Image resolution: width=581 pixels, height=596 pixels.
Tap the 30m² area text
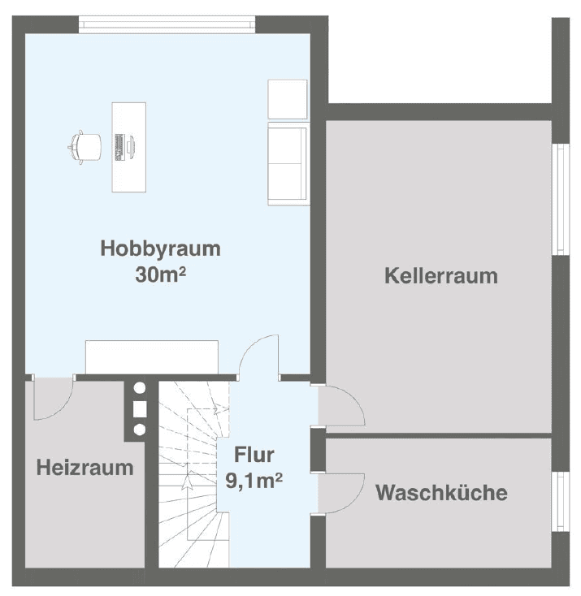[x=161, y=274]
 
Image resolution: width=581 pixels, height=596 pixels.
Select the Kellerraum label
[x=440, y=275]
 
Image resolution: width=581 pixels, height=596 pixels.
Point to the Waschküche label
[x=441, y=492]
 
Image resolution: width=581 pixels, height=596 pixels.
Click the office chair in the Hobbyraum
[x=85, y=146]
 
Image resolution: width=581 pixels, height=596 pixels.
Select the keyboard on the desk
[x=119, y=146]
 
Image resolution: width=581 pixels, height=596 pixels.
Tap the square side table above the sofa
[x=287, y=99]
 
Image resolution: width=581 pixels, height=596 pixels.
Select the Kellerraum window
[x=560, y=199]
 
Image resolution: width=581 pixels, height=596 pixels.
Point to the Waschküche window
[x=560, y=501]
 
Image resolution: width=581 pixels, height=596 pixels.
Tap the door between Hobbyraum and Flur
[x=260, y=357]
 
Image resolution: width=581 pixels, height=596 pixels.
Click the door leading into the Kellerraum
[x=340, y=406]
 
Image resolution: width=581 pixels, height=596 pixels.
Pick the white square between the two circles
[x=139, y=408]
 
